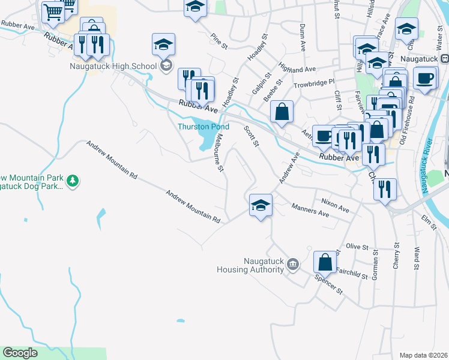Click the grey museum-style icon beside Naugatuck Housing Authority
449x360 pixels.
293,264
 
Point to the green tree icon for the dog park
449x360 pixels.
73,181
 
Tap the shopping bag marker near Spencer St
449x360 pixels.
325,262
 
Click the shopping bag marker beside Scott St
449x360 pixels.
282,111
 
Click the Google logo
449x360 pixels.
20,353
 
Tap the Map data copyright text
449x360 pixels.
423,355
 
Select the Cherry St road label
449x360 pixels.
396,254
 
